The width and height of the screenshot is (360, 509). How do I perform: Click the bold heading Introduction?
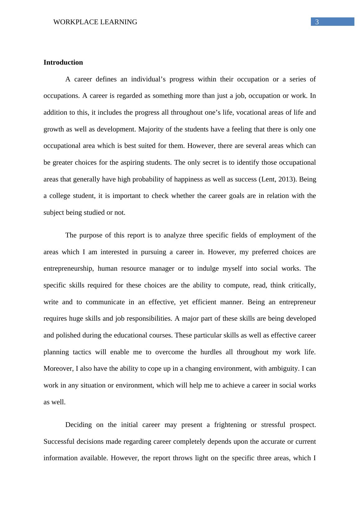click(63, 62)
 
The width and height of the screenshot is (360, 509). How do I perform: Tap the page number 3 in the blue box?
click(317, 22)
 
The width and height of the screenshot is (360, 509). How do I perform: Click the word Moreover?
click(58, 369)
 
